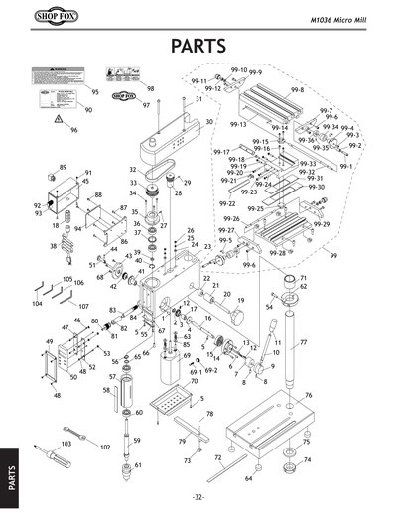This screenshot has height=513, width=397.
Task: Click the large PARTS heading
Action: (198, 46)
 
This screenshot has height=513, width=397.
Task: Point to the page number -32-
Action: (198, 497)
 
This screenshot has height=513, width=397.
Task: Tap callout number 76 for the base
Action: (308, 395)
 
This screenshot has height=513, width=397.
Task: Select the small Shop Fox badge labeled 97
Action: (121, 96)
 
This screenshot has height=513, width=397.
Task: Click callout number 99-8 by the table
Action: (296, 89)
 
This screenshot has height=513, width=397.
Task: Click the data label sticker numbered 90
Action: (52, 97)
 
